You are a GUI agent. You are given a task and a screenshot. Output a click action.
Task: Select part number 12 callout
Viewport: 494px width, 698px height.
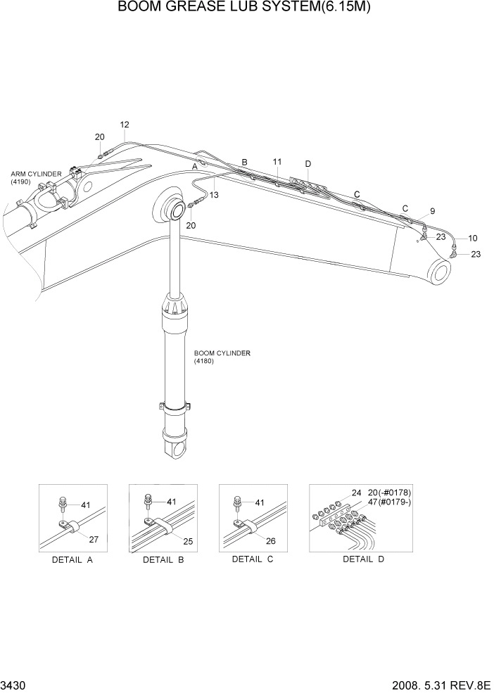coord(125,125)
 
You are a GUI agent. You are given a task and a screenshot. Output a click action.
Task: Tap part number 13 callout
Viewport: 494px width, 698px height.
coord(214,195)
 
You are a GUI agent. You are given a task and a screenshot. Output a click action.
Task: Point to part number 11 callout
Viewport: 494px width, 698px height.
coord(277,162)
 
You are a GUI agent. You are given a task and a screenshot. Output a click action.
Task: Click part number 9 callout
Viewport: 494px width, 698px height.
coord(432,210)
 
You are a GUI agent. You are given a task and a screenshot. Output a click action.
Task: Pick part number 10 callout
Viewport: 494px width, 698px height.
coord(472,238)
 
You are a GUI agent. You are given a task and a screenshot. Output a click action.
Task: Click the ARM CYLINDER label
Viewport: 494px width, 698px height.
coord(36,173)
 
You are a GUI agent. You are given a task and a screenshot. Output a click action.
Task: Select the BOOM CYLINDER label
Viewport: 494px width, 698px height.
coord(222,353)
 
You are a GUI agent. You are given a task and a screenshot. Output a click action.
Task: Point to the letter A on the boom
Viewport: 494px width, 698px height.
coord(195,167)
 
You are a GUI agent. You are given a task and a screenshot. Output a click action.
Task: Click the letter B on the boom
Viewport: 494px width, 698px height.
coord(244,163)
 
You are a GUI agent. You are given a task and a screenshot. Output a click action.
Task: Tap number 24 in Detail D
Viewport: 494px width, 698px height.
coord(357,493)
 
